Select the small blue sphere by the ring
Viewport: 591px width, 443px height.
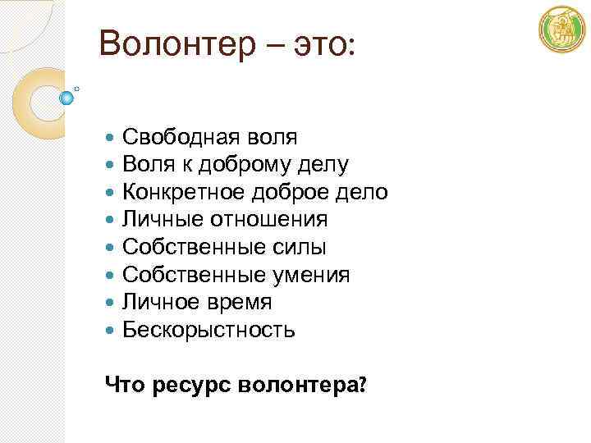(x=67, y=98)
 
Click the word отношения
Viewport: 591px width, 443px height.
(x=272, y=220)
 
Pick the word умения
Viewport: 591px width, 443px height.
(x=312, y=275)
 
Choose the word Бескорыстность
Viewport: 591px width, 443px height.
(x=208, y=330)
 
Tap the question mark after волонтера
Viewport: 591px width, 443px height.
(x=362, y=383)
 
